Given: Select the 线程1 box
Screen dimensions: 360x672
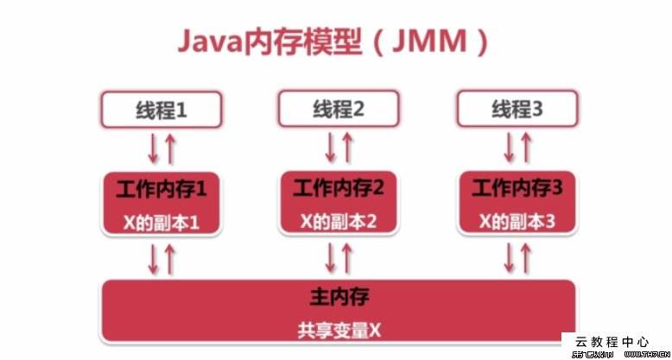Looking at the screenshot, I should tap(162, 111).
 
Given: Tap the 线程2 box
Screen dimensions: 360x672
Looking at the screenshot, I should tap(337, 110).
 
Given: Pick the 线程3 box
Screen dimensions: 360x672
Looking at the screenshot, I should tap(518, 110).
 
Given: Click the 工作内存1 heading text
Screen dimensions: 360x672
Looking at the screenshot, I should tap(162, 187).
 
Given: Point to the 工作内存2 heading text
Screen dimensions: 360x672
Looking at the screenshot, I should tap(338, 186).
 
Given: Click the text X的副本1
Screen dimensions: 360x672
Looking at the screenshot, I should tap(162, 222).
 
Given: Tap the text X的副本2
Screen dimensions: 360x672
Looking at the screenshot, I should tap(339, 221).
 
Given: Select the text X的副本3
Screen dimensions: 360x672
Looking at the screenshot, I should tap(518, 221).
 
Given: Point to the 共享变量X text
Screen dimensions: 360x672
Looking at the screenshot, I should tap(339, 329).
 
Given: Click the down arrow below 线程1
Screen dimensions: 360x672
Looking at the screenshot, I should tap(154, 148).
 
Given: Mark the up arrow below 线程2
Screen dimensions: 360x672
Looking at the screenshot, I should tap(347, 148).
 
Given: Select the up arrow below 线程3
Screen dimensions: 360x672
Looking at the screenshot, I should tap(527, 148).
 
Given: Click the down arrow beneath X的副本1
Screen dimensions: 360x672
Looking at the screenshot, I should tap(154, 256).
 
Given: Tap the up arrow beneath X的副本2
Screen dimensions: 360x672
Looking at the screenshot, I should tap(347, 256).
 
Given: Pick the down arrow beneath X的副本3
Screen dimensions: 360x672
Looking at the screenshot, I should tap(510, 256).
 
